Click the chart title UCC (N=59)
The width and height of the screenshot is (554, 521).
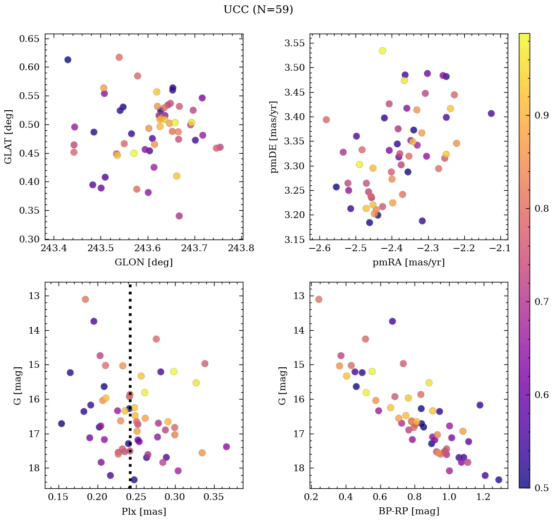(258, 10)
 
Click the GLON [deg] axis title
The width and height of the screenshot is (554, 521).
(143, 262)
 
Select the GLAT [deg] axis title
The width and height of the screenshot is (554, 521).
(8, 137)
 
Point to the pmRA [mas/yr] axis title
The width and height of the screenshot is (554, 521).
(409, 262)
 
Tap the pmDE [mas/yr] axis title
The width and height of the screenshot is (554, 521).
(274, 137)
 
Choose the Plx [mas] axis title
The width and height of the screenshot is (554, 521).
(143, 511)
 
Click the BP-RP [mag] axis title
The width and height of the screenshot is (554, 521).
(409, 511)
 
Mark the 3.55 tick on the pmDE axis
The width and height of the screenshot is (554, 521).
(295, 43)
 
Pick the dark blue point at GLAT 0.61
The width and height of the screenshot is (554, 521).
(68, 60)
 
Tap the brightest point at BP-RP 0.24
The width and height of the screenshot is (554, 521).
(318, 299)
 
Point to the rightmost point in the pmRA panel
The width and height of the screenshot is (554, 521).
(491, 114)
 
